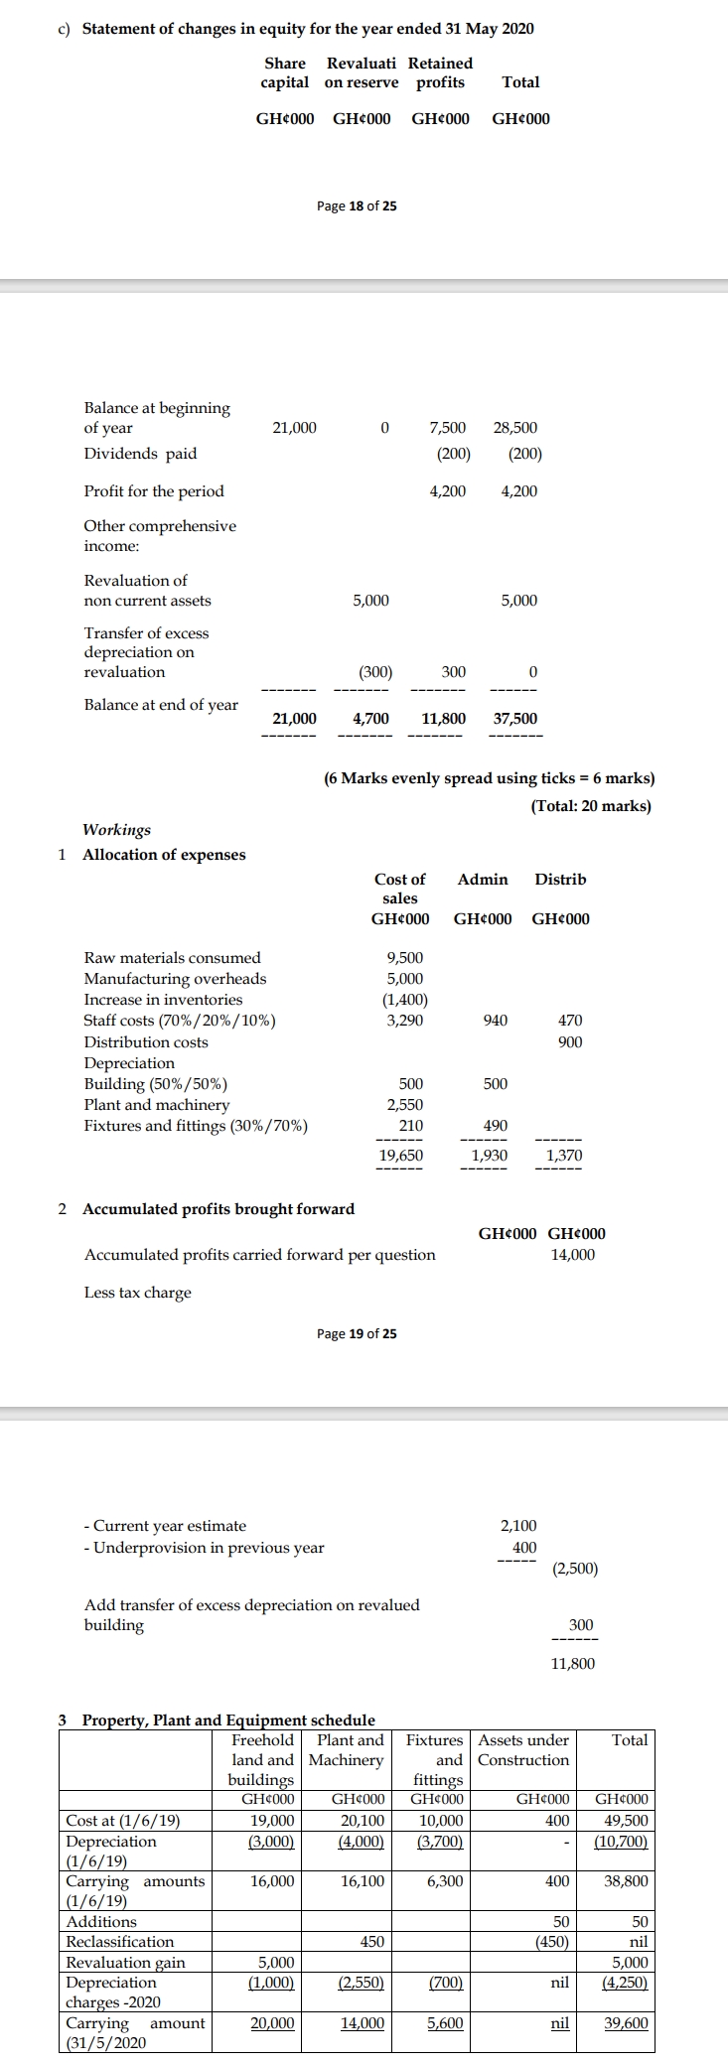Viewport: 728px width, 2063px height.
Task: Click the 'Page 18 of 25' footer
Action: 357,206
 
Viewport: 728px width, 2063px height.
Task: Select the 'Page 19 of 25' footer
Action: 357,1333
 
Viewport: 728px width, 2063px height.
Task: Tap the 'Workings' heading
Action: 116,830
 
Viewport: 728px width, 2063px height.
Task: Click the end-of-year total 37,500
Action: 515,718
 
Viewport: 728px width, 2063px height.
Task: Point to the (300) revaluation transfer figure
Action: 374,672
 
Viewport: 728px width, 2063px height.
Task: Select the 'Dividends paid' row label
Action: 140,454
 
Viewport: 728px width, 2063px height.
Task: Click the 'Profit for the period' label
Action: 154,491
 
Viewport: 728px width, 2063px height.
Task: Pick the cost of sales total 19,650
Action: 401,1156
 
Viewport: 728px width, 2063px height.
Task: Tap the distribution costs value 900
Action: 570,1041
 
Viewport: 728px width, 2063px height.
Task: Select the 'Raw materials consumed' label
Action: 172,958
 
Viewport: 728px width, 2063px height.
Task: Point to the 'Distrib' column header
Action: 560,880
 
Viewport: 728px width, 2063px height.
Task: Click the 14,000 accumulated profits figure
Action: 573,1255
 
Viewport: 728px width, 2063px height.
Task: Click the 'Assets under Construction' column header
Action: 523,1750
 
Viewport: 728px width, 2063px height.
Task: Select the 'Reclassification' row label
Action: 119,1942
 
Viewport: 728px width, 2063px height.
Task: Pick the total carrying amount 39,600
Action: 626,2023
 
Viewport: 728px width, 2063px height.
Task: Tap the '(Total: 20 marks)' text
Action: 591,806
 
